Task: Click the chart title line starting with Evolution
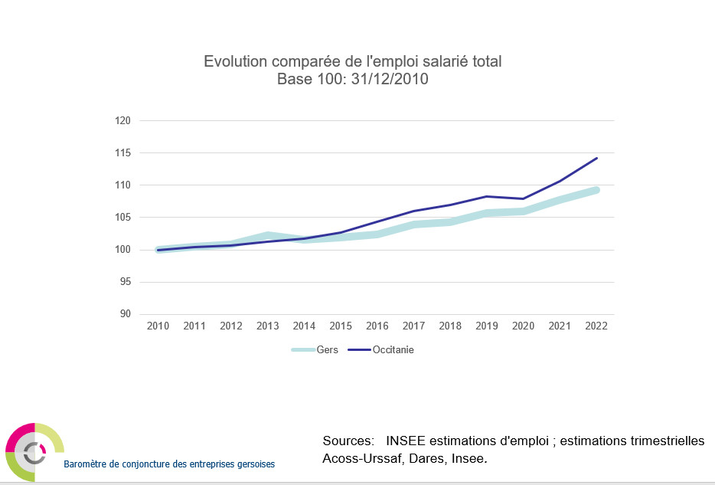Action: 352,61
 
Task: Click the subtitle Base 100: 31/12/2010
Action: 352,79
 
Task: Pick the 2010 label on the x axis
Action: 158,326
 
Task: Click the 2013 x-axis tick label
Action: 267,326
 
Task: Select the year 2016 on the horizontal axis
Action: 377,326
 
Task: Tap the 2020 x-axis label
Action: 523,326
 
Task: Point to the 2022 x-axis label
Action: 596,326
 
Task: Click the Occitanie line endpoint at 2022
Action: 596,159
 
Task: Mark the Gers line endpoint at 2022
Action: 596,190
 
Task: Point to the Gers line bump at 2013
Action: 267,234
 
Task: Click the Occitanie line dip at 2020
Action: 523,198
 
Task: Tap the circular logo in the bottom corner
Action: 34,452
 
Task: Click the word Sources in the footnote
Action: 348,441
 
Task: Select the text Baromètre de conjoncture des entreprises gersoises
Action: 169,464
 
